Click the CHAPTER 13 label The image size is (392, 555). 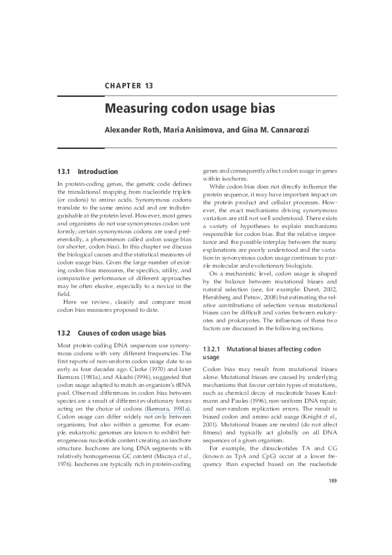128,86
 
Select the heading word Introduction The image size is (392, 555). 98,171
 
